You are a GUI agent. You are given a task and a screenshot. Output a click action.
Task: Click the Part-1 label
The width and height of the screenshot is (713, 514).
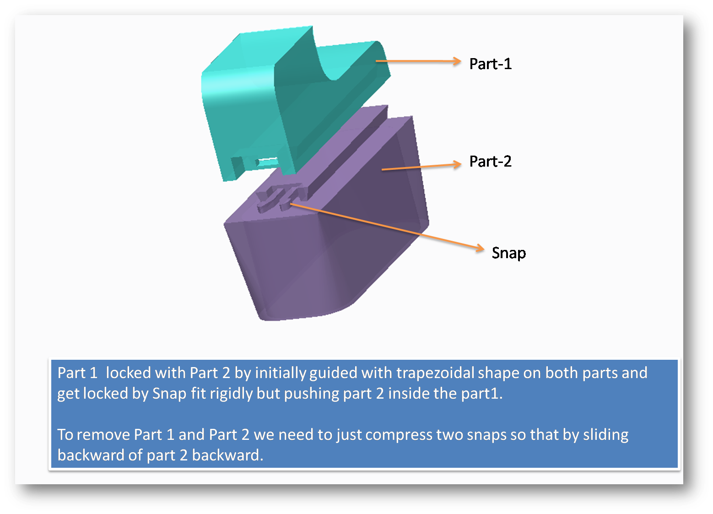point(490,64)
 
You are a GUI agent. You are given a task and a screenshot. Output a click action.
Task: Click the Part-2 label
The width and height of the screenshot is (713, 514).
point(490,162)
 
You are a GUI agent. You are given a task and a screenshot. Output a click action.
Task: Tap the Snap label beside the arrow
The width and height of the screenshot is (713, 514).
point(508,253)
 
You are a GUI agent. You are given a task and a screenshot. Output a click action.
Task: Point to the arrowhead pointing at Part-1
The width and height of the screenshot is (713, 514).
point(456,61)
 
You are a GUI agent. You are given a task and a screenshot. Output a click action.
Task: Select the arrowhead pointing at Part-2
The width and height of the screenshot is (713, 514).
point(457,164)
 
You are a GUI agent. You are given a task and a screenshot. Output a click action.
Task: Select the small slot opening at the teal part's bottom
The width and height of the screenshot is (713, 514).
point(268,162)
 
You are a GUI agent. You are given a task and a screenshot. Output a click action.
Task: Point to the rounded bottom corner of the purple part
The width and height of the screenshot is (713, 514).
point(362,298)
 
